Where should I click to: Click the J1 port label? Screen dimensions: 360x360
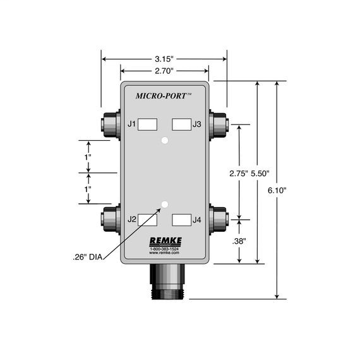tap(132, 124)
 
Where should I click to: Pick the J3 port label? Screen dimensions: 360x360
tap(197, 124)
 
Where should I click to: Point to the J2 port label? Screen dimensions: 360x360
tap(132, 220)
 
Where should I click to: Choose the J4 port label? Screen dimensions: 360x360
tap(197, 220)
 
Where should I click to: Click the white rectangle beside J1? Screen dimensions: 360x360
tap(147, 124)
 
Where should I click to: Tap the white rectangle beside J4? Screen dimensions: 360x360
tap(181, 220)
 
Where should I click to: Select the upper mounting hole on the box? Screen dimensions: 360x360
tap(164, 140)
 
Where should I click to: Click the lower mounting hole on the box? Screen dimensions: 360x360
tap(164, 204)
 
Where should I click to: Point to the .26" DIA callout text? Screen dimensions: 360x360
tap(86, 256)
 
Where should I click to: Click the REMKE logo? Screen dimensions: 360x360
tap(164, 241)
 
